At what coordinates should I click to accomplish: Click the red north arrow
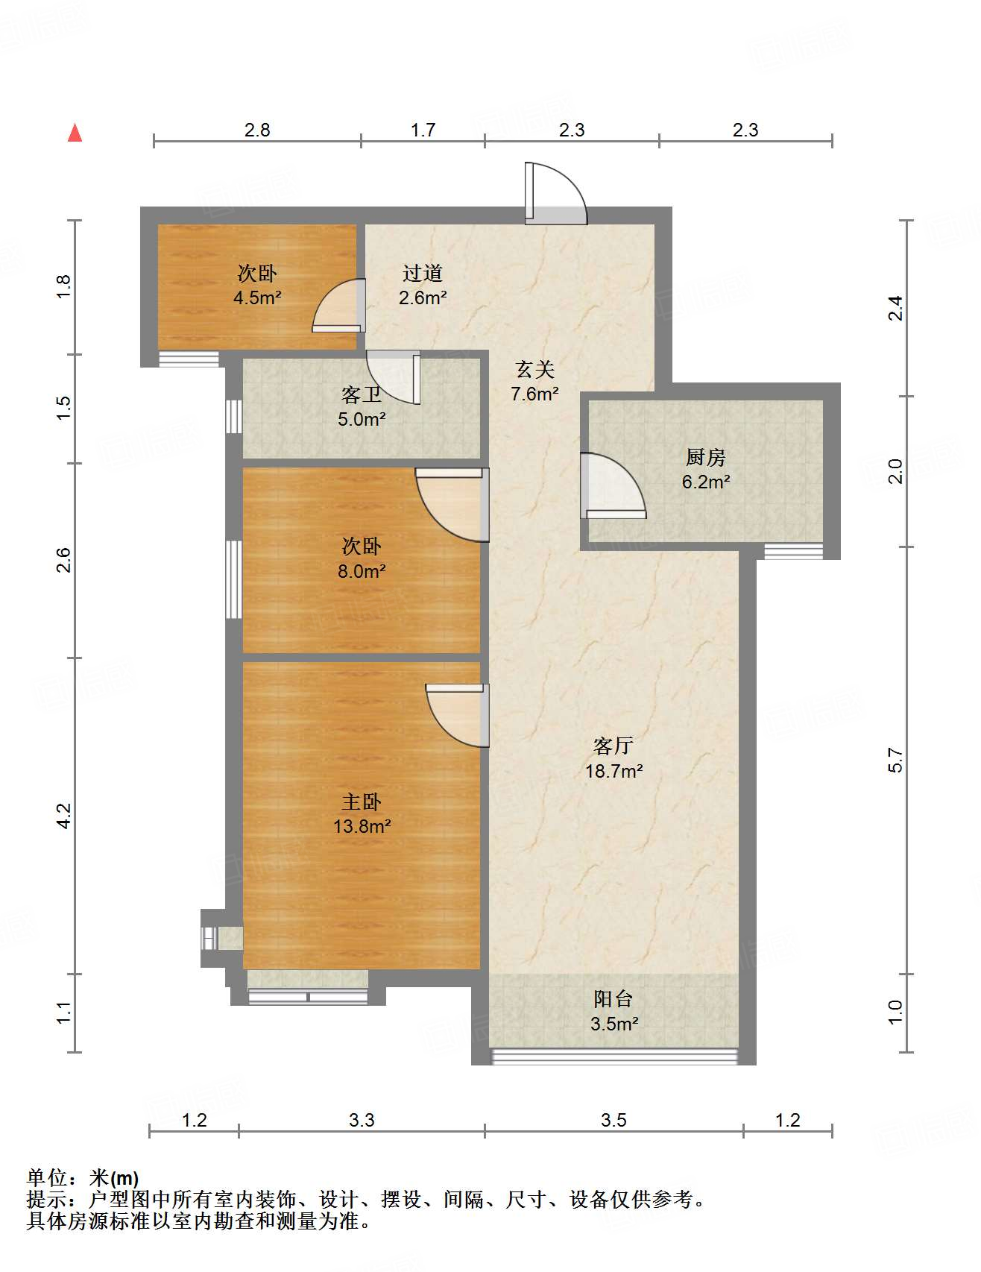pyautogui.click(x=75, y=133)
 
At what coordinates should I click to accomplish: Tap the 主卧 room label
pyautogui.click(x=362, y=802)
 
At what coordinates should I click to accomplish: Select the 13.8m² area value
pyautogui.click(x=362, y=826)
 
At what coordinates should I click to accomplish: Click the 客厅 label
pyautogui.click(x=613, y=746)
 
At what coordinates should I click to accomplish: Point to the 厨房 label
pyautogui.click(x=705, y=457)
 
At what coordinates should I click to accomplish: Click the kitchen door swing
pyautogui.click(x=613, y=485)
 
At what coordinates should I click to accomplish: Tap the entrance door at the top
pyautogui.click(x=555, y=193)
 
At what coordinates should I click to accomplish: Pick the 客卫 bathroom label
pyautogui.click(x=362, y=394)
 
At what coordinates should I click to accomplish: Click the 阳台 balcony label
pyautogui.click(x=613, y=998)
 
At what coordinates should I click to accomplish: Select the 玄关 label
pyautogui.click(x=535, y=369)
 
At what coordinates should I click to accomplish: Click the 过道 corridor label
pyautogui.click(x=423, y=273)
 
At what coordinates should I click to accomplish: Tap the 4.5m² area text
pyautogui.click(x=257, y=297)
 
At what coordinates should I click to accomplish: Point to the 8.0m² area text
pyautogui.click(x=362, y=571)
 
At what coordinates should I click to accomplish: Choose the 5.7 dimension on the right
pyautogui.click(x=896, y=761)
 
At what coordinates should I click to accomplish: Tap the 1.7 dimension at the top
pyautogui.click(x=423, y=130)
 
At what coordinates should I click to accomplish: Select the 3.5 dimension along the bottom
pyautogui.click(x=613, y=1120)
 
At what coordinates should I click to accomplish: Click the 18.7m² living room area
pyautogui.click(x=613, y=771)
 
